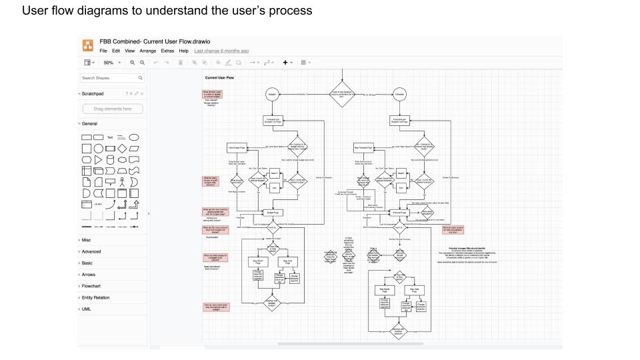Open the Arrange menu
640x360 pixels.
[147, 51]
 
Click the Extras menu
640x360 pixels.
[167, 51]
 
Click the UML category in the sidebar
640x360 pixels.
[87, 309]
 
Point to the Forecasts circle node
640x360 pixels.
[399, 96]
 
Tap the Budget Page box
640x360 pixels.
[272, 213]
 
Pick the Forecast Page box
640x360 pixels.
[398, 213]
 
